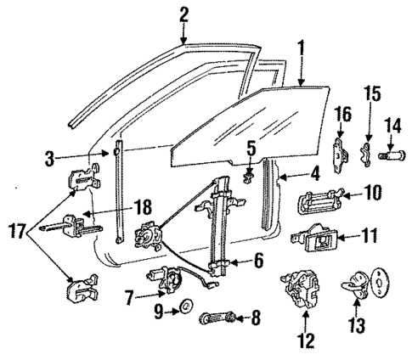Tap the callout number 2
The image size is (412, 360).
184,14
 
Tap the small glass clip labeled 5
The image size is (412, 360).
249,177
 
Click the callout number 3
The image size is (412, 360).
49,158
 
